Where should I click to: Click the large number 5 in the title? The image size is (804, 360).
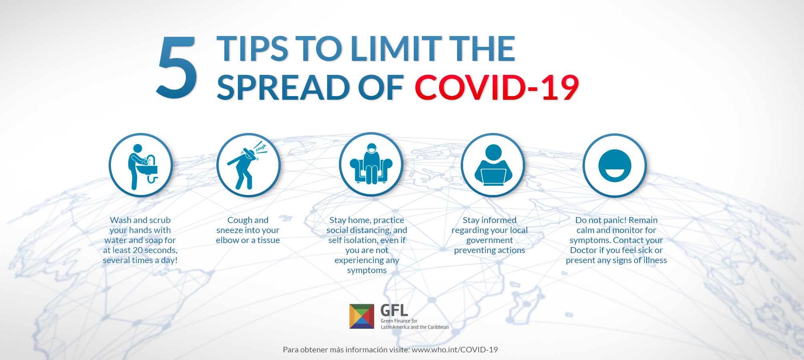tap(177, 67)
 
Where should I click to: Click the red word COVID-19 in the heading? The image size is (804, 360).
tap(497, 88)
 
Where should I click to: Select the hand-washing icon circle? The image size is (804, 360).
tap(141, 165)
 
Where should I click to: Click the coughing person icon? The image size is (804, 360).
tap(248, 165)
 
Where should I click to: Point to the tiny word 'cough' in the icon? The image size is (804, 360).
tap(261, 148)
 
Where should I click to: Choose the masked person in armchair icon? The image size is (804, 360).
tap(371, 164)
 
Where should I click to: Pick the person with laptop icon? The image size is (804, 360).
tap(493, 165)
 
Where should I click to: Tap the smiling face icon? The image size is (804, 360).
tap(615, 165)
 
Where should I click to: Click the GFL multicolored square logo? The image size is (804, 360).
tap(362, 316)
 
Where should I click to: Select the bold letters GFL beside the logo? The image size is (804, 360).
tap(394, 310)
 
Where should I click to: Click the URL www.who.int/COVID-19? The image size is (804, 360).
tap(455, 350)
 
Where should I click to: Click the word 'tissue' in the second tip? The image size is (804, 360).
tap(268, 240)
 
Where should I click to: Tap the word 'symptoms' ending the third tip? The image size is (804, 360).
tap(367, 271)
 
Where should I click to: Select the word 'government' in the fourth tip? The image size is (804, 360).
tap(490, 240)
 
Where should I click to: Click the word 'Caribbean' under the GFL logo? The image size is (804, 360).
tap(437, 327)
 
